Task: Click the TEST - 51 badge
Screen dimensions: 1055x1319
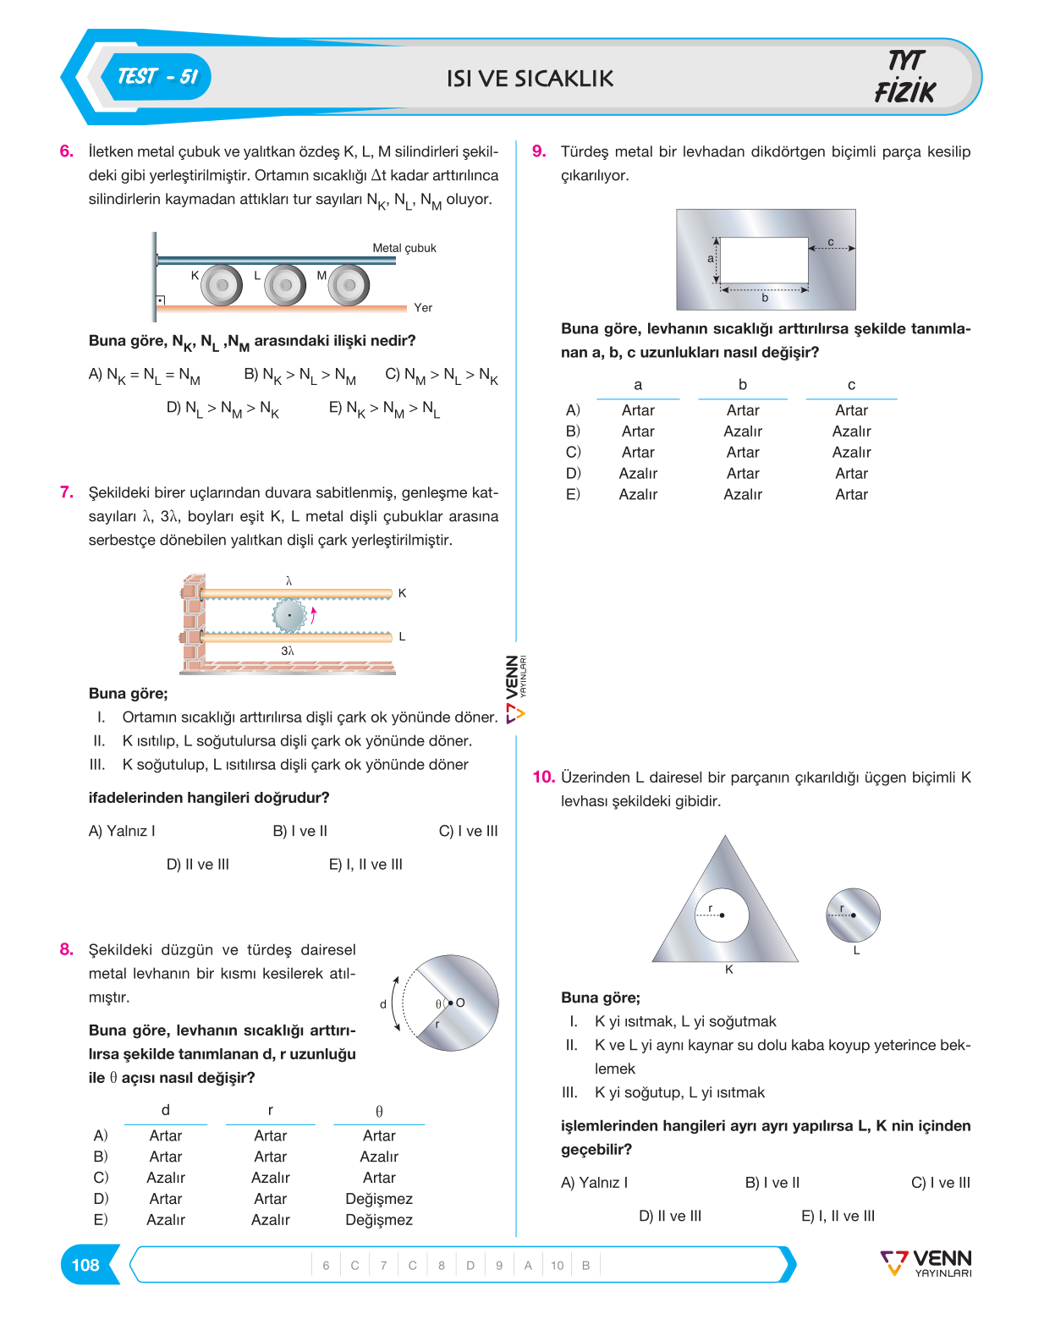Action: pos(157,77)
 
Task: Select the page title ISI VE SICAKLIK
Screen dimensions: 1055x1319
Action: pos(530,79)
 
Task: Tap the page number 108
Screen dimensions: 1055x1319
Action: pos(85,1265)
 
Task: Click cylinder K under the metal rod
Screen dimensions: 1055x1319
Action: pos(222,285)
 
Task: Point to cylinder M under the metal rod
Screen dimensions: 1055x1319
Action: pos(349,285)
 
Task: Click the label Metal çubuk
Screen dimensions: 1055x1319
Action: pos(404,248)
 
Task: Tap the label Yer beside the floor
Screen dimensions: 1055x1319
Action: pos(423,308)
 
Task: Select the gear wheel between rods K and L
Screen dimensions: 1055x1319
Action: pos(288,615)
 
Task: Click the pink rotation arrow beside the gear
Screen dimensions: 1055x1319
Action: pos(313,615)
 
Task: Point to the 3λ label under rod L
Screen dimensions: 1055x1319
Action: pos(288,651)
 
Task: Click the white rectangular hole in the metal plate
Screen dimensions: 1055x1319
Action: pos(763,260)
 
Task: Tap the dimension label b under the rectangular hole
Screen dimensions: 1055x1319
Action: pos(765,298)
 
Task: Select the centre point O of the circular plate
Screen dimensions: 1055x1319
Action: pos(451,1003)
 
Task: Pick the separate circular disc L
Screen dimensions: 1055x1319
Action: pos(853,915)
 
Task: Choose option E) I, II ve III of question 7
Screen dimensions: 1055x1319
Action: pos(365,864)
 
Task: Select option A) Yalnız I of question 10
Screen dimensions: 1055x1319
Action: pos(594,1182)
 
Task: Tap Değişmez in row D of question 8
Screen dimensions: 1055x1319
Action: pos(379,1198)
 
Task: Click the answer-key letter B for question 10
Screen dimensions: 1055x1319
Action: pos(585,1265)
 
